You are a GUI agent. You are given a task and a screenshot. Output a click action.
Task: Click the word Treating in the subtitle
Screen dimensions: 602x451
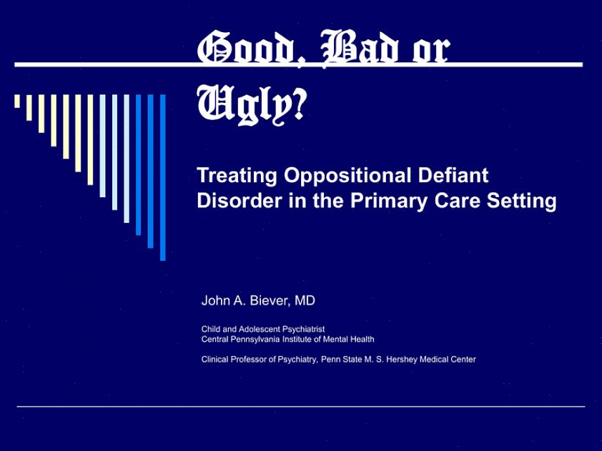237,176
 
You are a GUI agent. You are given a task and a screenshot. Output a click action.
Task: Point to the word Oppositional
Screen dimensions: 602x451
348,176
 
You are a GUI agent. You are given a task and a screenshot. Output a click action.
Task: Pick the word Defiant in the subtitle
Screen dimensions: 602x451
453,175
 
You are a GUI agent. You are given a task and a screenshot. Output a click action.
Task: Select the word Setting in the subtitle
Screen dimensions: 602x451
522,201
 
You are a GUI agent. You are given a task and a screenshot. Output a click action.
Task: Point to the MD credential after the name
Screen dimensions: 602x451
305,300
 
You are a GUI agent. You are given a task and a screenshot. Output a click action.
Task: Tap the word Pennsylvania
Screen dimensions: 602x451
252,340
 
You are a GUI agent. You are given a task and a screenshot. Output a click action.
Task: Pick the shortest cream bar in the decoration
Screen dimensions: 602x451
17,101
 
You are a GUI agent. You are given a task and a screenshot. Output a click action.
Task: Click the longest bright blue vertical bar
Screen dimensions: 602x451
163,178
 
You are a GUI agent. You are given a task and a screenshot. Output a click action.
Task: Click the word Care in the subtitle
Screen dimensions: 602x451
458,201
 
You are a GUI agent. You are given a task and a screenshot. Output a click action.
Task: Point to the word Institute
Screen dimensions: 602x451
297,340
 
